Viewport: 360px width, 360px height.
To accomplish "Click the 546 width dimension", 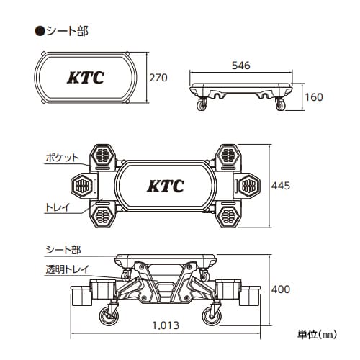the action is click(x=241, y=66).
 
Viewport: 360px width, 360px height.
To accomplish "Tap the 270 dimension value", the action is click(x=158, y=78).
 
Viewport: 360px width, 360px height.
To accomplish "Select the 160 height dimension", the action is click(x=314, y=97).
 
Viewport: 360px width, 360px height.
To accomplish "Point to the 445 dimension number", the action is click(x=281, y=186).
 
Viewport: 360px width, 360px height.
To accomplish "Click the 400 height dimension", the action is click(x=281, y=289).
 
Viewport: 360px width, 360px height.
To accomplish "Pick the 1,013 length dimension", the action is click(x=166, y=325).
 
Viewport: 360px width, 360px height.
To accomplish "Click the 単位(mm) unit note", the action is click(x=317, y=334).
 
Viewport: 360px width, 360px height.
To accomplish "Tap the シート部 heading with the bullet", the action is click(x=62, y=31).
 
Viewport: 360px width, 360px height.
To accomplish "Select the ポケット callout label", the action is click(x=63, y=158).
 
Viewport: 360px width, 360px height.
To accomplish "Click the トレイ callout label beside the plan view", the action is click(x=58, y=207).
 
